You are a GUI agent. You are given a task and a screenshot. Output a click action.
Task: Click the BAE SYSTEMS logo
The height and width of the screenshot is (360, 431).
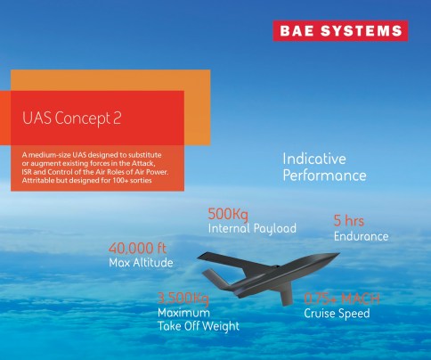pyautogui.click(x=339, y=30)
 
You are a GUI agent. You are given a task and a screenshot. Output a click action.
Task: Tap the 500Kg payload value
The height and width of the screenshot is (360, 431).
pyautogui.click(x=230, y=214)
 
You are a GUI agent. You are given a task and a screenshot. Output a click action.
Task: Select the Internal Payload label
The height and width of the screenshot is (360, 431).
pyautogui.click(x=252, y=229)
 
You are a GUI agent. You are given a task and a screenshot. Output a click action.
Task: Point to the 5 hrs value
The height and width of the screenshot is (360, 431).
pyautogui.click(x=349, y=220)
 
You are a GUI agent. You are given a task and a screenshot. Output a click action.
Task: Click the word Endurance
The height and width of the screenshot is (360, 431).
pyautogui.click(x=361, y=236)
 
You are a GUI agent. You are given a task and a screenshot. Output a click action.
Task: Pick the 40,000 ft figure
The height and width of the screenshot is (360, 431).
pyautogui.click(x=137, y=248)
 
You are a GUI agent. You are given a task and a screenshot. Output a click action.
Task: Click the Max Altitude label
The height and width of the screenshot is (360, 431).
pyautogui.click(x=141, y=263)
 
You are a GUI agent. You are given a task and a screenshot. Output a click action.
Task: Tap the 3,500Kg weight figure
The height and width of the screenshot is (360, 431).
pyautogui.click(x=183, y=298)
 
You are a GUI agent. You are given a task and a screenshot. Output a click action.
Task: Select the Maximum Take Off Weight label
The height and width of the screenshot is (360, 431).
pyautogui.click(x=197, y=320)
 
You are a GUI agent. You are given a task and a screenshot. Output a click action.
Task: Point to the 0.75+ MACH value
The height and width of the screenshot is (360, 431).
pyautogui.click(x=343, y=298)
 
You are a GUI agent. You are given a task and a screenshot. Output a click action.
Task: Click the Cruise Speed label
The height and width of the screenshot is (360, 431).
pyautogui.click(x=337, y=314)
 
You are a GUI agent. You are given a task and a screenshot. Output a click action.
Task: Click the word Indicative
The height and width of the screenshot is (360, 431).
pyautogui.click(x=314, y=158)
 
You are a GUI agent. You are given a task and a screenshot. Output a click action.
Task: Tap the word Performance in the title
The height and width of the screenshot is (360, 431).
pyautogui.click(x=324, y=176)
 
